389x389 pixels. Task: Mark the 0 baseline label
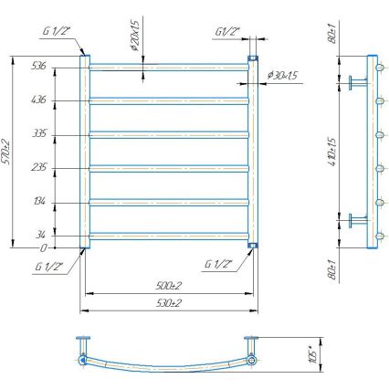(x=42, y=247)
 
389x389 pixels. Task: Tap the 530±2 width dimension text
(x=167, y=302)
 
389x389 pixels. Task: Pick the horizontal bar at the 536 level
(x=169, y=66)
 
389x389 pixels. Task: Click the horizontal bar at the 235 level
(x=169, y=167)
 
